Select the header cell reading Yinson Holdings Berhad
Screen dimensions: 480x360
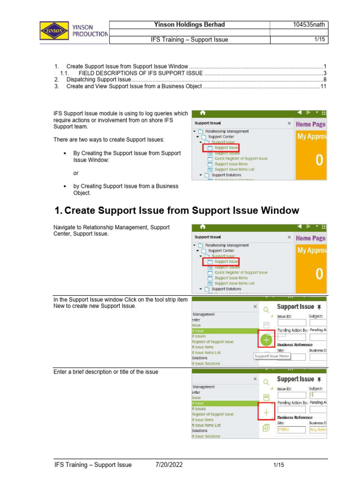(x=189, y=25)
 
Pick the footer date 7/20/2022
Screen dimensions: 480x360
(x=169, y=465)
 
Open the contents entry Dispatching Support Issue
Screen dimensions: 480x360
(x=97, y=80)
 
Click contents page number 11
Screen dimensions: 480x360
(x=323, y=87)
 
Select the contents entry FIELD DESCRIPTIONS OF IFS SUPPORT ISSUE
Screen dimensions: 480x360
(x=141, y=73)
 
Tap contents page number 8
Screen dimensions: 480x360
(x=324, y=80)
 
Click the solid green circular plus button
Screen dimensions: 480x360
(x=266, y=339)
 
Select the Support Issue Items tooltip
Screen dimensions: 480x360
(x=272, y=356)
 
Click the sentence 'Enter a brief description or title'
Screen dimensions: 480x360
(x=106, y=372)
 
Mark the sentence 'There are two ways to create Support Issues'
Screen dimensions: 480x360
(x=109, y=140)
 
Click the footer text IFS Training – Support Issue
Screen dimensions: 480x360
(x=93, y=465)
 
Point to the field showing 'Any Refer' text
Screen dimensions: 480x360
(x=318, y=429)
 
